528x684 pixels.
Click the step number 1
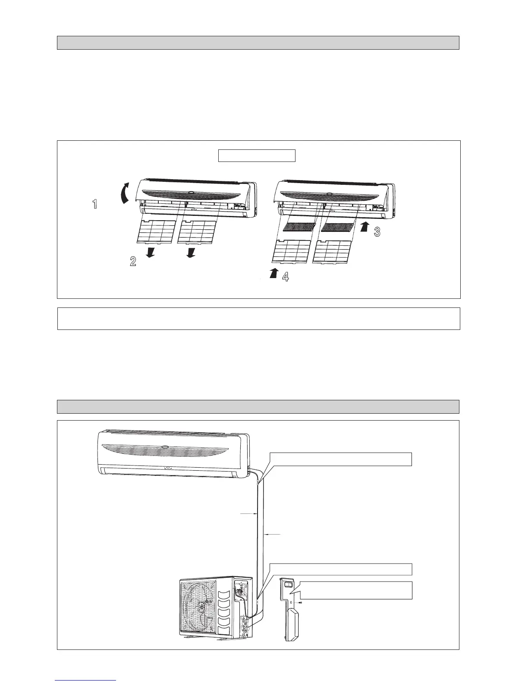tap(95, 205)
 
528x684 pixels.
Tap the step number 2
tap(133, 261)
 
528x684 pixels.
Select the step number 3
tap(377, 232)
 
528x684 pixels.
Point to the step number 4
tap(285, 277)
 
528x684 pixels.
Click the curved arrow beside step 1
tap(124, 192)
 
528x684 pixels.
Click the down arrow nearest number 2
tap(151, 252)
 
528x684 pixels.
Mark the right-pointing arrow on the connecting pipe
tap(249, 514)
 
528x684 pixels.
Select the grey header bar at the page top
tap(258, 43)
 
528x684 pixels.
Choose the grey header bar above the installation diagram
tap(258, 407)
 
